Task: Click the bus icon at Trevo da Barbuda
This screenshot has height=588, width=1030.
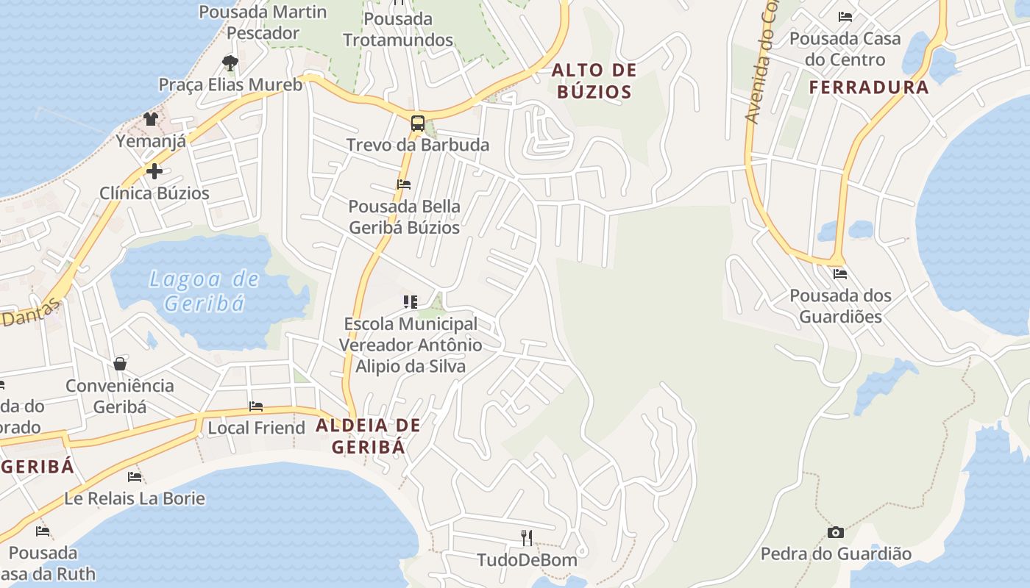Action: coord(417,123)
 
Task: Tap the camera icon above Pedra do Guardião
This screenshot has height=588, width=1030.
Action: coord(836,532)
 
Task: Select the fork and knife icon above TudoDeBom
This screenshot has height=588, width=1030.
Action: coord(527,538)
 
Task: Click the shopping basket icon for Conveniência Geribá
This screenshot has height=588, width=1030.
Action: coord(119,364)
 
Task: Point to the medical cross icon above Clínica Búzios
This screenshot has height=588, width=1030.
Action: coord(154,171)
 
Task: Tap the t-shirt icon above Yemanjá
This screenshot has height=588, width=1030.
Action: coord(151,119)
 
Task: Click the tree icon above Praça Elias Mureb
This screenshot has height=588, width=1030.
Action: coord(230,62)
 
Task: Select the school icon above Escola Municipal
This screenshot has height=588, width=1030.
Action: coord(411,301)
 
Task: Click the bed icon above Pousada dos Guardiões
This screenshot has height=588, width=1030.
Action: coord(840,274)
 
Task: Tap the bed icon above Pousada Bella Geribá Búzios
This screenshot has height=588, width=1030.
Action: coord(404,184)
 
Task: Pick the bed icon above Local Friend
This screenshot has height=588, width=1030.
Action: coord(256,406)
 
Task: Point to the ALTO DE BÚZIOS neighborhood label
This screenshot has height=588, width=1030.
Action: coord(594,81)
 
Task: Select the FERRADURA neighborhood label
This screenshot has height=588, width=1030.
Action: coord(869,87)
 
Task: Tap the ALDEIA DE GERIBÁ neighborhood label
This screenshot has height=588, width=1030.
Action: coord(368,436)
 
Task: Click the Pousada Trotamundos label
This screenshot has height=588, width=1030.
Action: coord(398,29)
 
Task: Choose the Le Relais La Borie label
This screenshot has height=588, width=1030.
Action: coord(135,498)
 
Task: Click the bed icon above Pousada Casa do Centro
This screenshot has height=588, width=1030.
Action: coord(845,16)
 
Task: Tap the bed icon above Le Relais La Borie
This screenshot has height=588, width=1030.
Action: coord(135,477)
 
